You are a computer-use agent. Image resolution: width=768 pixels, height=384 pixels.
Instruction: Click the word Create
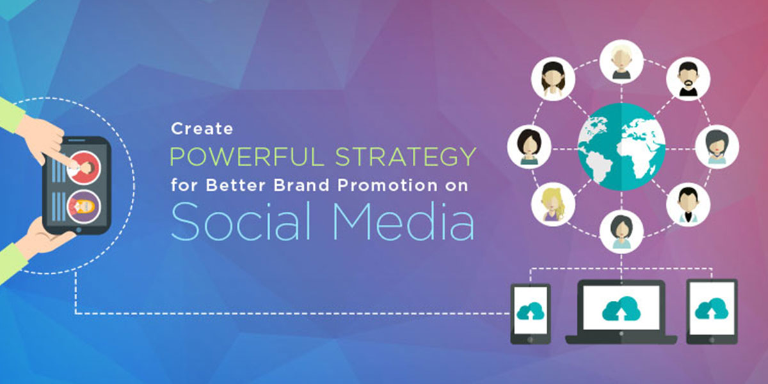pyautogui.click(x=202, y=129)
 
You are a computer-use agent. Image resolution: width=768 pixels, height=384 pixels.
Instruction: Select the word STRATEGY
pyautogui.click(x=406, y=157)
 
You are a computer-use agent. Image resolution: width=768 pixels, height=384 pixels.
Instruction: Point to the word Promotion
pyautogui.click(x=387, y=185)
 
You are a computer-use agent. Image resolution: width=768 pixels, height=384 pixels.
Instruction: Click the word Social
pyautogui.click(x=241, y=221)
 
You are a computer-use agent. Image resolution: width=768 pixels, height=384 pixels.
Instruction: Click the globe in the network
pyautogui.click(x=621, y=147)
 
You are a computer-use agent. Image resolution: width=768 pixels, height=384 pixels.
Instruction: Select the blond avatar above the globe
pyautogui.click(x=621, y=61)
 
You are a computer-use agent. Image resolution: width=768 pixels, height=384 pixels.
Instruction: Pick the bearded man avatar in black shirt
pyautogui.click(x=688, y=79)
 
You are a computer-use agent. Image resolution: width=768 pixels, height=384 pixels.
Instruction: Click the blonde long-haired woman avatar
pyautogui.click(x=553, y=204)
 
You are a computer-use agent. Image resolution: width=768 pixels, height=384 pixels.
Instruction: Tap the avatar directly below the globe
pyautogui.click(x=621, y=232)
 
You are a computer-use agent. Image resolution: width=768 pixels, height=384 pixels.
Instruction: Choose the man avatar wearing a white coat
pyautogui.click(x=688, y=204)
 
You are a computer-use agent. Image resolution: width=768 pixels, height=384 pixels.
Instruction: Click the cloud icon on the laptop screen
pyautogui.click(x=621, y=308)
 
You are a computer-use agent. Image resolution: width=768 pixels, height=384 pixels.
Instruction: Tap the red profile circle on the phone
pyautogui.click(x=83, y=168)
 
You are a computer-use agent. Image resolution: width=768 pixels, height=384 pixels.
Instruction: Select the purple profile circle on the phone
pyautogui.click(x=83, y=207)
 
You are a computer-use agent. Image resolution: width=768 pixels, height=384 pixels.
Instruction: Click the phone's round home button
pyautogui.click(x=79, y=230)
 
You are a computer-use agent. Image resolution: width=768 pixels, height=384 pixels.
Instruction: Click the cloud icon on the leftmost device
pyautogui.click(x=531, y=310)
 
